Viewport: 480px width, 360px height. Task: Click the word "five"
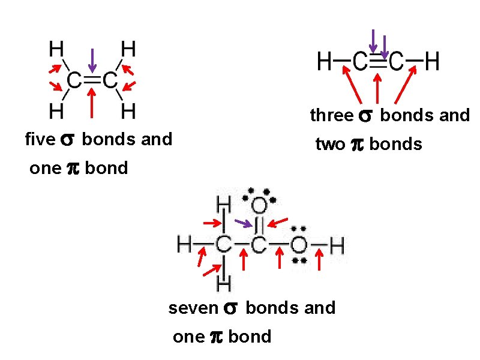point(40,140)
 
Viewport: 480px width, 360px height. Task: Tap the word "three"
point(332,115)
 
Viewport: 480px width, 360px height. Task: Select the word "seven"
point(193,308)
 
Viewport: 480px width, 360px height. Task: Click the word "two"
point(330,145)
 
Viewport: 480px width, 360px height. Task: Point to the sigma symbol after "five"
point(67,140)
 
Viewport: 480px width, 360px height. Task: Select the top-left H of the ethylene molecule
point(57,48)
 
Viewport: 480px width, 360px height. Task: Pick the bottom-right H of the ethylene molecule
point(127,111)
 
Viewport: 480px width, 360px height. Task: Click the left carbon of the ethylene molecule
point(74,80)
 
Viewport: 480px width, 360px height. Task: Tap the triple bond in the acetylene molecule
point(378,60)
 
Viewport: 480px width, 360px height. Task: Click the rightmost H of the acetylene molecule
point(431,61)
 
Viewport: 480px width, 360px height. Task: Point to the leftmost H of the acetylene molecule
point(325,61)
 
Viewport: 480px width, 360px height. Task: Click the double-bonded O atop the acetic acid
point(259,206)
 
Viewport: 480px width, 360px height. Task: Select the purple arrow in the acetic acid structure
point(243,224)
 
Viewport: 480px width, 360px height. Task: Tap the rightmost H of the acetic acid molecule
point(337,245)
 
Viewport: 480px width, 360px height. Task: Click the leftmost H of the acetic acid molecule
point(185,245)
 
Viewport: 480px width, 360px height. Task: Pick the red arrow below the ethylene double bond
point(91,103)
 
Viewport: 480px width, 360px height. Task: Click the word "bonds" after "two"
point(395,145)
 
